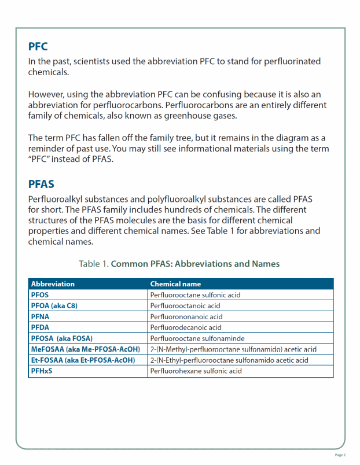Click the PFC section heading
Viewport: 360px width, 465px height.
tap(38, 46)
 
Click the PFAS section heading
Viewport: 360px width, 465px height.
tap(41, 184)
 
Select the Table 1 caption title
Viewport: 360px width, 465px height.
tap(179, 264)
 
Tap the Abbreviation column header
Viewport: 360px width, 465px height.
tap(53, 284)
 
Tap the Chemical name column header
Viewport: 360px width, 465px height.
tap(175, 284)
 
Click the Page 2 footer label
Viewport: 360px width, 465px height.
tap(340, 455)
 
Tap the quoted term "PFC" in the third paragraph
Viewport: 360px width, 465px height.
tap(39, 160)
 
